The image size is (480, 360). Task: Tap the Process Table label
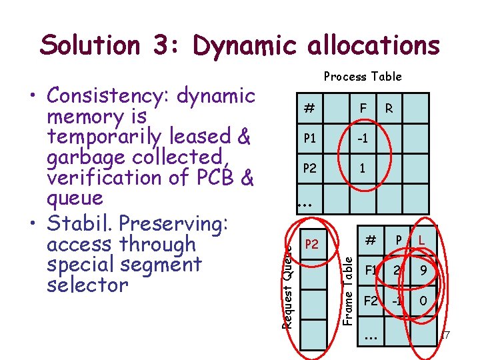pyautogui.click(x=363, y=77)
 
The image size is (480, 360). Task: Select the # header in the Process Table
pyautogui.click(x=309, y=107)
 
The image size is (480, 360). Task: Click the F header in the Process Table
pyautogui.click(x=363, y=107)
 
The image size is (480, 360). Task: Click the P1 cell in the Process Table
pyautogui.click(x=310, y=138)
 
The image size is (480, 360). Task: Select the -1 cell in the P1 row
pyautogui.click(x=362, y=138)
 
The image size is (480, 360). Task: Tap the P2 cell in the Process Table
pyautogui.click(x=310, y=168)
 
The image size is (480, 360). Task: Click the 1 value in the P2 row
pyautogui.click(x=363, y=169)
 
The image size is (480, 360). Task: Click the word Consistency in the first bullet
pyautogui.click(x=108, y=97)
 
